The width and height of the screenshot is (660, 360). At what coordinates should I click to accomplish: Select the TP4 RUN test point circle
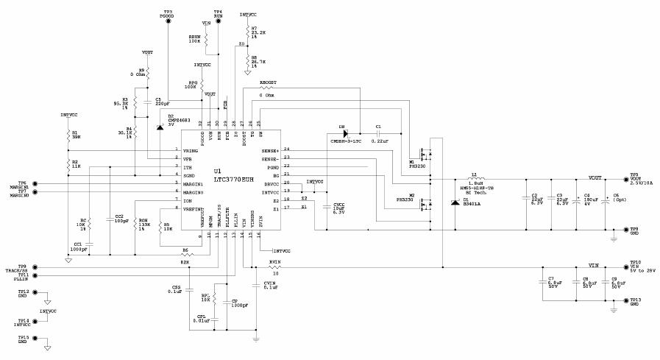(x=219, y=21)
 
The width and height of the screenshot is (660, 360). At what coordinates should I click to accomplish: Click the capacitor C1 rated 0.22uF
(x=378, y=133)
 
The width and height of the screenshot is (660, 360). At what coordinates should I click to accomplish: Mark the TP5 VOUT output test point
(x=625, y=179)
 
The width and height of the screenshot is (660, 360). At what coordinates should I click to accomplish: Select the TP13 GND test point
(x=625, y=300)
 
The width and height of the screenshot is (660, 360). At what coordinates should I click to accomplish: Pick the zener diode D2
(x=160, y=126)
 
